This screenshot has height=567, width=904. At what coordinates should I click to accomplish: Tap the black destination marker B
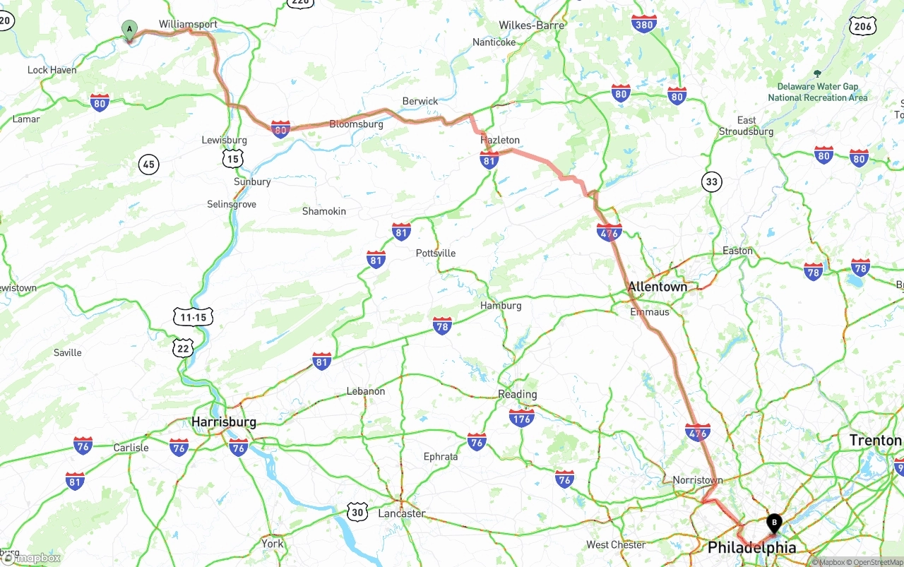coord(774,524)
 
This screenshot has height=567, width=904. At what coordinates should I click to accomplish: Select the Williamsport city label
coord(188,24)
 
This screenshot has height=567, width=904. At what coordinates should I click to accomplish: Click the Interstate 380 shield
coord(643,24)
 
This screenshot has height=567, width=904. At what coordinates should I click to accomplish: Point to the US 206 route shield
coord(864,27)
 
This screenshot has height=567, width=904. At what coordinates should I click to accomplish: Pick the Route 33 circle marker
coord(711,182)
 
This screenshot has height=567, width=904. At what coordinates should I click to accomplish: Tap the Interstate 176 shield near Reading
coord(521,417)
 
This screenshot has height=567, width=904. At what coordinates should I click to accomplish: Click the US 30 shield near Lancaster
coord(357,512)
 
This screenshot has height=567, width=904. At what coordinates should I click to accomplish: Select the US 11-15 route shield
coord(193,318)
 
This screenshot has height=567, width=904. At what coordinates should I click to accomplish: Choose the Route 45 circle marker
coord(148,165)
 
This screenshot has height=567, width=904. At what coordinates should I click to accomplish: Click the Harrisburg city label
coord(224,422)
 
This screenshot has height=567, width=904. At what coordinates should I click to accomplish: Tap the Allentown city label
coord(658,287)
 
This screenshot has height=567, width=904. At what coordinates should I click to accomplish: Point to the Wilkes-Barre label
coord(531,25)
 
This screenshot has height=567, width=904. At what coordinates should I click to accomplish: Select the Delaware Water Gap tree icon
coord(817,73)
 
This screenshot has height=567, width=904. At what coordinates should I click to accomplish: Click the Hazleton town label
coord(500,141)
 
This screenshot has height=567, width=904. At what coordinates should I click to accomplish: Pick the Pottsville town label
coord(436,253)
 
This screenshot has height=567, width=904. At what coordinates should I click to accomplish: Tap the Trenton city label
coord(875,441)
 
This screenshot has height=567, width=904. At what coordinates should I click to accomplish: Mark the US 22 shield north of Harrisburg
coord(184,347)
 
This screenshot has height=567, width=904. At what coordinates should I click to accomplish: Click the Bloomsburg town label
coord(356,124)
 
